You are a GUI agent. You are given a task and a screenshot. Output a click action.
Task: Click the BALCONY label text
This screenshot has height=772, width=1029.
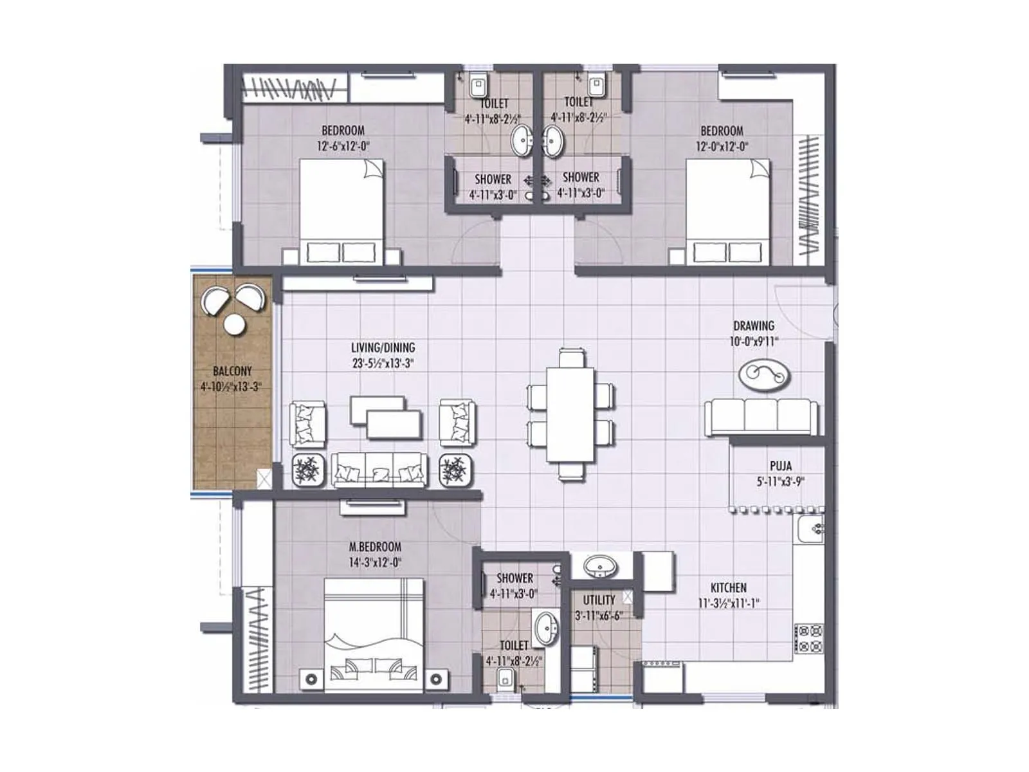[232, 371]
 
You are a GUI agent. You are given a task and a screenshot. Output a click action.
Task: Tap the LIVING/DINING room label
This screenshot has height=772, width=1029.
[383, 347]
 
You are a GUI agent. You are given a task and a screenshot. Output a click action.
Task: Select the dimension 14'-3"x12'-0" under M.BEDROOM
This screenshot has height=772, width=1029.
[375, 562]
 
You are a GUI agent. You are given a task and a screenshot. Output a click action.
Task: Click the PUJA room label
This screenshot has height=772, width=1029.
[780, 466]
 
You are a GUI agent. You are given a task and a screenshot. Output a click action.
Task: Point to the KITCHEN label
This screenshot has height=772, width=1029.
[728, 587]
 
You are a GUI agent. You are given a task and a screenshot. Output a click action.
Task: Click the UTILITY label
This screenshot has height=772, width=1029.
[599, 600]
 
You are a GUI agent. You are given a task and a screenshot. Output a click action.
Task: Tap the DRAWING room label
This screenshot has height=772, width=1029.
[754, 326]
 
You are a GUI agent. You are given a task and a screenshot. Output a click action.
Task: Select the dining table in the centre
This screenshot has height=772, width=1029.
[570, 414]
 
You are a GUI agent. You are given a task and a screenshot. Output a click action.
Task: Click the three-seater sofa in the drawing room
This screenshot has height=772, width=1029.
[761, 417]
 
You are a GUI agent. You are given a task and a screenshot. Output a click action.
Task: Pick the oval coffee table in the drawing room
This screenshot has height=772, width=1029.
[764, 374]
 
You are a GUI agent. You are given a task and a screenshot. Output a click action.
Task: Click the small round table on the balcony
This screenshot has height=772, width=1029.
[234, 324]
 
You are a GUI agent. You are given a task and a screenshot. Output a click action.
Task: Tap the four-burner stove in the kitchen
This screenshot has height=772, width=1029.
[808, 638]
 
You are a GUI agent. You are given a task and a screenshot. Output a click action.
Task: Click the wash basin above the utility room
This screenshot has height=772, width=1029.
[601, 567]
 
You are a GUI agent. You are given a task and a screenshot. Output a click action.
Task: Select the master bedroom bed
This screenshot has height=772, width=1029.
[374, 634]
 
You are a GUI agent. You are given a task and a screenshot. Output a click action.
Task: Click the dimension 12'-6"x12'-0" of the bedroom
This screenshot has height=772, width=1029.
[343, 146]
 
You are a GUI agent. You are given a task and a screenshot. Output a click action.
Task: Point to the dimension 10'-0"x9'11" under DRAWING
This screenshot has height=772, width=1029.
[754, 342]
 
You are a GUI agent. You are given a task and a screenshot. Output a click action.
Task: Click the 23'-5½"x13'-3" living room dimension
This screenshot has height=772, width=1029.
[383, 363]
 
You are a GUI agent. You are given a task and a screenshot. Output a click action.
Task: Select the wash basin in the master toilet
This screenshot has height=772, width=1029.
[547, 626]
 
